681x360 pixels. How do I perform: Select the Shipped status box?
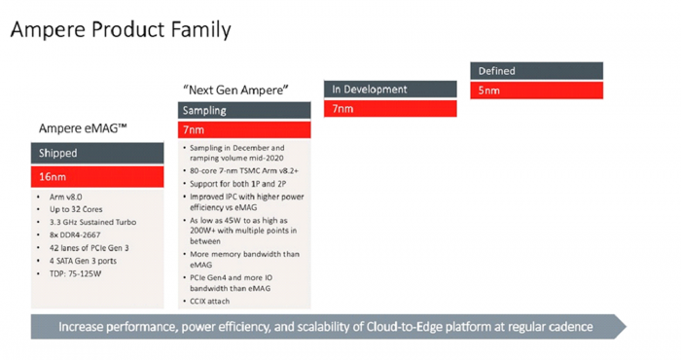click(x=99, y=153)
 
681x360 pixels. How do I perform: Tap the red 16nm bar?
click(x=99, y=177)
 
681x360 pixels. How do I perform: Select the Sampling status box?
click(x=243, y=109)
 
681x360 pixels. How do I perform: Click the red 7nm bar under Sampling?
click(x=243, y=129)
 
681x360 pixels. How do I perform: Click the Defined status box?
click(x=537, y=71)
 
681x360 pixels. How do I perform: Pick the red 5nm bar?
click(x=537, y=90)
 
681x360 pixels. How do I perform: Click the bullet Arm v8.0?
click(x=67, y=198)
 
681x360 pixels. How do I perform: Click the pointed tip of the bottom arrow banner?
click(x=627, y=326)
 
